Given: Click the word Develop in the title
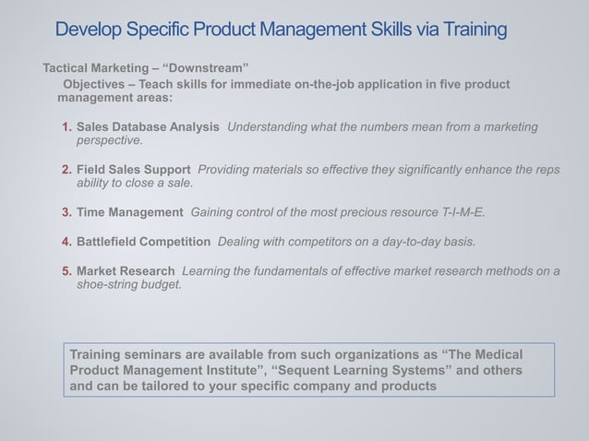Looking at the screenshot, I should [x=90, y=30].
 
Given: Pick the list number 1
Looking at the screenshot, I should [x=66, y=126].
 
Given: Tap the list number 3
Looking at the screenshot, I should [x=66, y=212].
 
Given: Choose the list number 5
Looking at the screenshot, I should [x=66, y=271].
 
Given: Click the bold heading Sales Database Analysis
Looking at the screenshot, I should [x=148, y=126].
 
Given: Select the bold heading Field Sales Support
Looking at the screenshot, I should [x=134, y=170].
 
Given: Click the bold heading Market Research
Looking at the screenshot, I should [x=126, y=271].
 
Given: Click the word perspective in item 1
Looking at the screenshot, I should [x=109, y=140].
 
